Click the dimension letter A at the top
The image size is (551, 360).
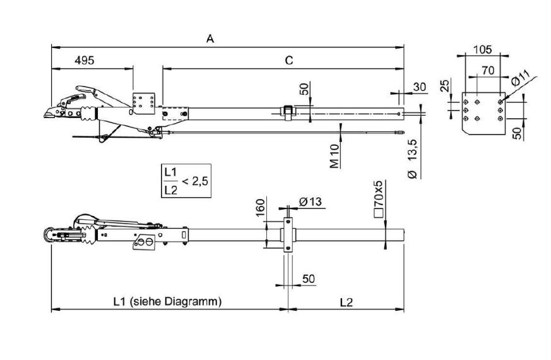210,39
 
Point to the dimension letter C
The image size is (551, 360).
288,61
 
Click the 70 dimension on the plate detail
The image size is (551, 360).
487,71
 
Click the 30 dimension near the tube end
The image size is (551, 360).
419,86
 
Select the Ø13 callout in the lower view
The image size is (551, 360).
309,201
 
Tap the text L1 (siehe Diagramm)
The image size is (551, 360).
167,302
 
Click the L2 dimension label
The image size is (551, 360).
346,302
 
